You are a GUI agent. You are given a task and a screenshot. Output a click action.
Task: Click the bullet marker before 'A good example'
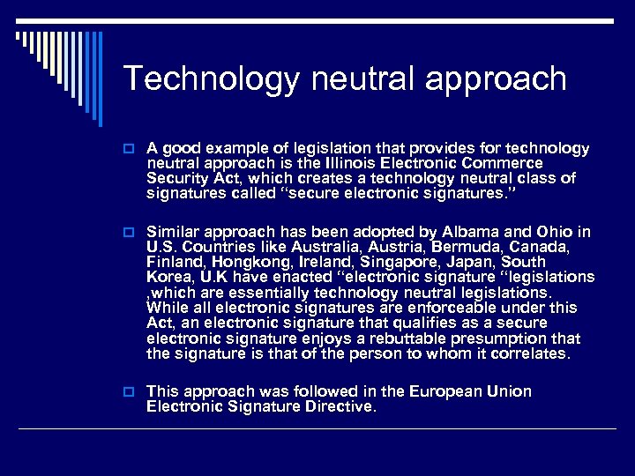pos(130,149)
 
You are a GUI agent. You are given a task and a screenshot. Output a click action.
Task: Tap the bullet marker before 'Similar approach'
pos(130,232)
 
